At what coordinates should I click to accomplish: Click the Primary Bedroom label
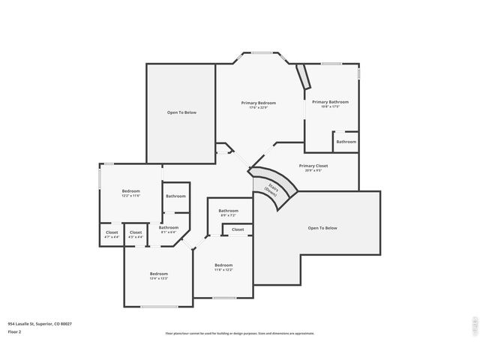pyautogui.click(x=258, y=103)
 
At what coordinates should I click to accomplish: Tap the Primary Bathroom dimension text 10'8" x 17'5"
pyautogui.click(x=330, y=106)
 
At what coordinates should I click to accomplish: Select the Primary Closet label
pyautogui.click(x=313, y=166)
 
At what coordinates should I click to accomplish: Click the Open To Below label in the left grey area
pyautogui.click(x=181, y=112)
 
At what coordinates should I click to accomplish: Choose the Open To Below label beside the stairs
pyautogui.click(x=322, y=228)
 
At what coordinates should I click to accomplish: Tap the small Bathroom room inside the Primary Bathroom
pyautogui.click(x=346, y=142)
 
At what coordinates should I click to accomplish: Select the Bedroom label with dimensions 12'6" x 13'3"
pyautogui.click(x=158, y=274)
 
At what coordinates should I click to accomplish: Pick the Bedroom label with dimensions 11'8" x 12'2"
pyautogui.click(x=223, y=265)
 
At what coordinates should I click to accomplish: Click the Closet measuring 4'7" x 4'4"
pyautogui.click(x=112, y=232)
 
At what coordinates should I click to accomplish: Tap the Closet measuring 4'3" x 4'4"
pyautogui.click(x=136, y=232)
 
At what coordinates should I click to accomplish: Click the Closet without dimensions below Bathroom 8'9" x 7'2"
pyautogui.click(x=237, y=229)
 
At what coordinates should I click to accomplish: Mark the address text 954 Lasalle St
pyautogui.click(x=40, y=324)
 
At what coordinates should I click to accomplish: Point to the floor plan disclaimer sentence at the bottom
pyautogui.click(x=240, y=333)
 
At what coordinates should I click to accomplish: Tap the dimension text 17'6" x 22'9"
pyautogui.click(x=258, y=107)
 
